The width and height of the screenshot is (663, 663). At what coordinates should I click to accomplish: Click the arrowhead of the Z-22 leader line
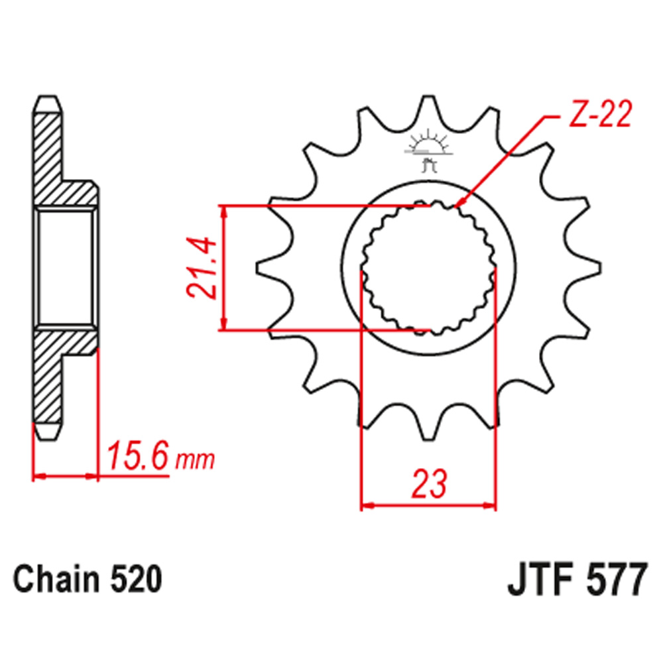[459, 205]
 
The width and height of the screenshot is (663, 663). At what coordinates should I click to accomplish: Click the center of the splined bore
[428, 268]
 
